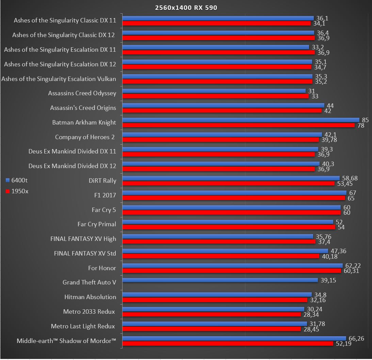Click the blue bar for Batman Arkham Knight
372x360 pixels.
pyautogui.click(x=241, y=120)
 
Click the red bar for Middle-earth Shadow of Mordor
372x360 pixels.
pyautogui.click(x=227, y=344)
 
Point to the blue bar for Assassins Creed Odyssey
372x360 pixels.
pyautogui.click(x=214, y=91)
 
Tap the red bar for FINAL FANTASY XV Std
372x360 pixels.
pyautogui.click(x=221, y=256)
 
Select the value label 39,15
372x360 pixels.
pyautogui.click(x=328, y=280)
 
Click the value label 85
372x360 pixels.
pyautogui.click(x=366, y=120)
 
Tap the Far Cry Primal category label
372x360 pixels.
pyautogui.click(x=97, y=224)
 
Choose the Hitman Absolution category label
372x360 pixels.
pyautogui.click(x=90, y=297)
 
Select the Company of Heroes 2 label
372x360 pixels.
pyautogui.click(x=85, y=137)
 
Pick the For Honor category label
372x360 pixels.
pyautogui.click(x=102, y=268)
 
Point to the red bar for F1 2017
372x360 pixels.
pyautogui.click(x=233, y=198)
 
